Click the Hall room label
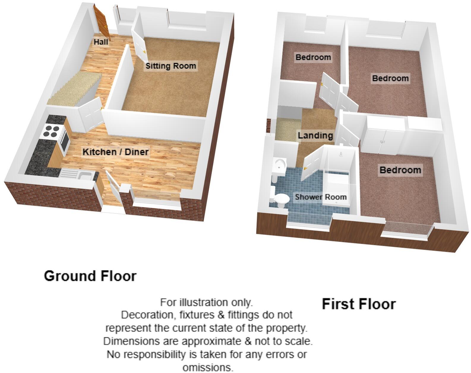[x=101, y=42]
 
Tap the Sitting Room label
[x=171, y=66]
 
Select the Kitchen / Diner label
[x=116, y=152]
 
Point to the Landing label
[x=315, y=136]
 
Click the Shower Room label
[x=320, y=197]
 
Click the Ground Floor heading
[x=90, y=276]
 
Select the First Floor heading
[x=359, y=304]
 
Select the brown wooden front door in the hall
[x=102, y=23]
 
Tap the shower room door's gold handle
[x=306, y=168]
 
